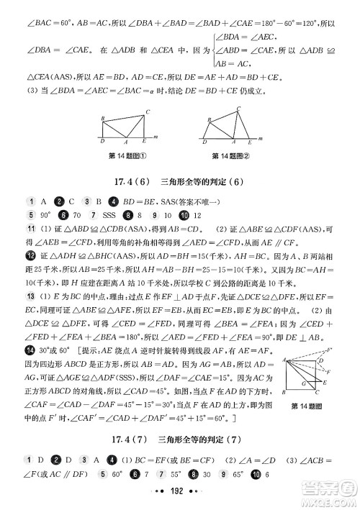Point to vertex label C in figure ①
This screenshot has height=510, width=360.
[x=147, y=111]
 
